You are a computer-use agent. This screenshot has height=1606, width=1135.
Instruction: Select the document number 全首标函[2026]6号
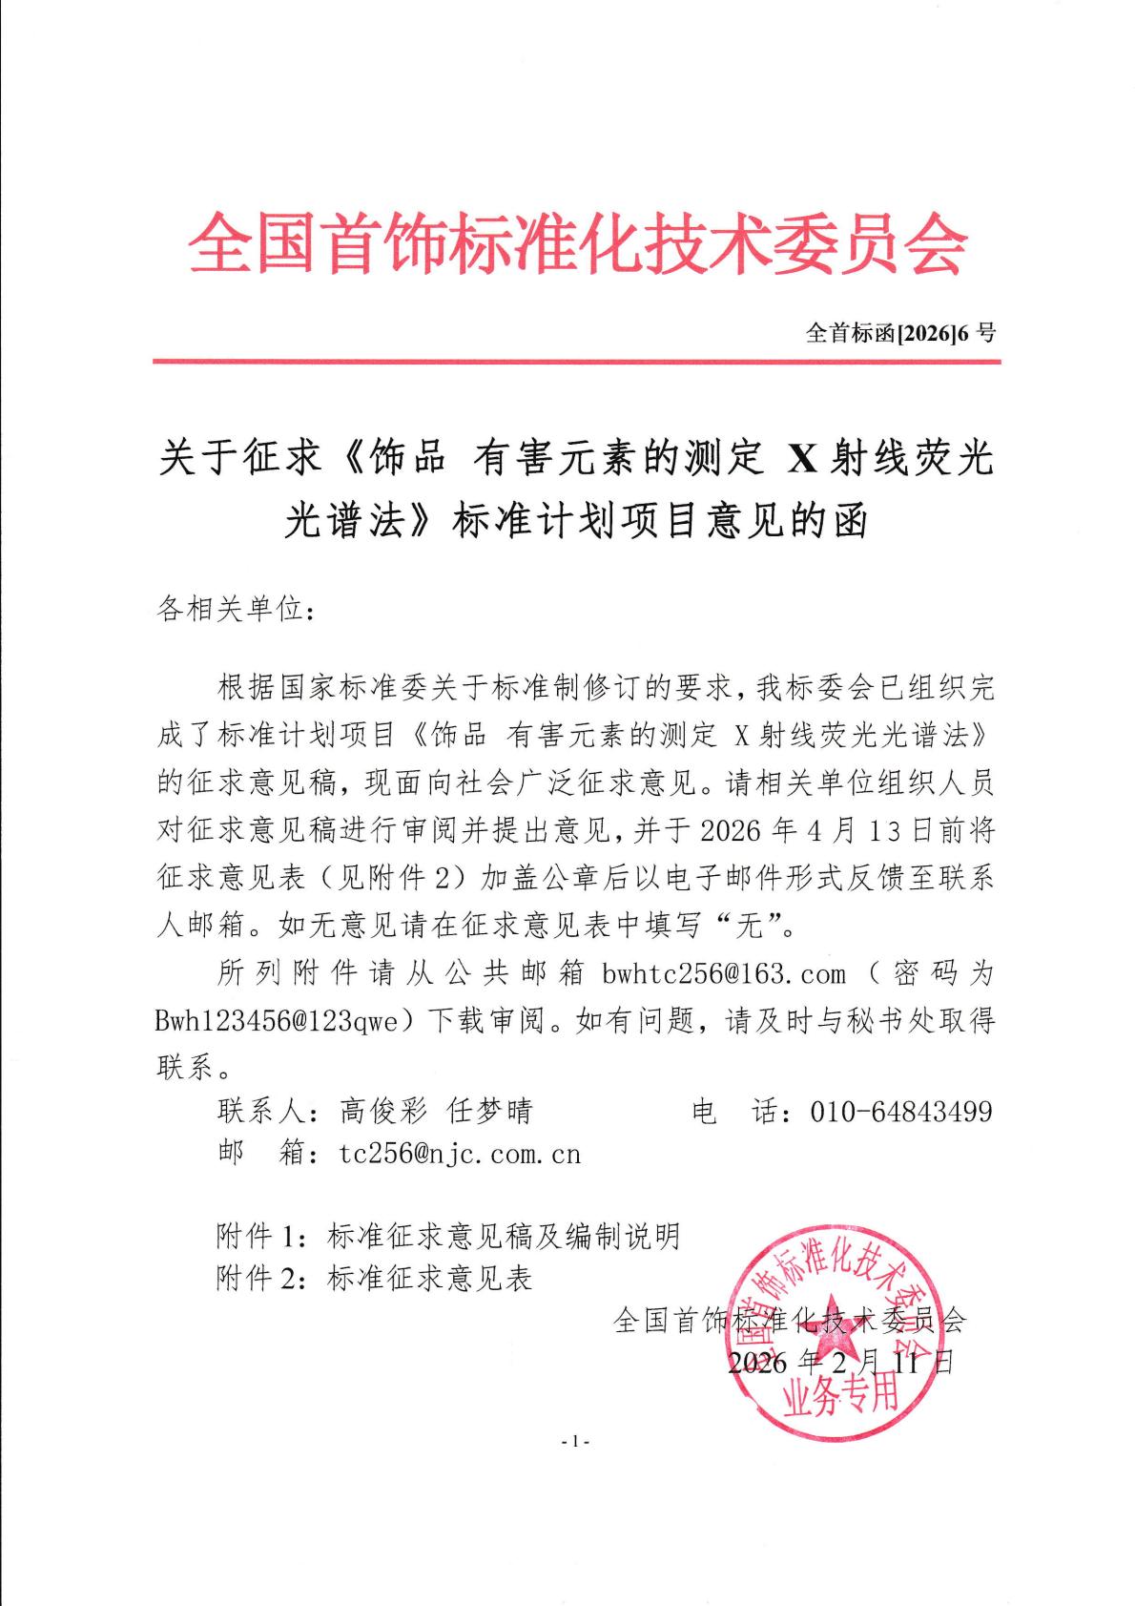coord(900,333)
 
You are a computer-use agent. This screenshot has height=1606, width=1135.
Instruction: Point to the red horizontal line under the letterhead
coord(577,362)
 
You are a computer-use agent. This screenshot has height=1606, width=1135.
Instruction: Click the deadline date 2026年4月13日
coord(815,830)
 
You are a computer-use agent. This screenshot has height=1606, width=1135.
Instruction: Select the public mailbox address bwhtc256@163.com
coord(724,973)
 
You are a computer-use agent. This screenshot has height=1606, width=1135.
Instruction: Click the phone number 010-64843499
coord(900,1111)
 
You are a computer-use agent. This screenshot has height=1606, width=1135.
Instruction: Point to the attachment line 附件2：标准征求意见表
coord(374,1278)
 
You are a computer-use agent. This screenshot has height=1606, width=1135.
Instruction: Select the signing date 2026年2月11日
coord(839,1362)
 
